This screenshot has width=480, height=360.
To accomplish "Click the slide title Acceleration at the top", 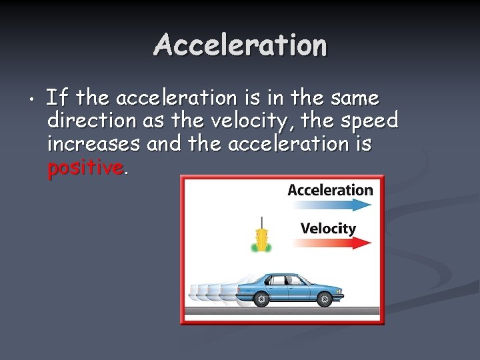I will [240, 45].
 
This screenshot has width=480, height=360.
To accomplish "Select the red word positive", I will [85, 168].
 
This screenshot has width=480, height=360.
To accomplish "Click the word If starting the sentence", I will [57, 98].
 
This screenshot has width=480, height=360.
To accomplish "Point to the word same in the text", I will [354, 98].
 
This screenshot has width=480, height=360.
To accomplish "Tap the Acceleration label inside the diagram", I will [330, 190].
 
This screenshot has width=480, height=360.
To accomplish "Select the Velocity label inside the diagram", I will [328, 229].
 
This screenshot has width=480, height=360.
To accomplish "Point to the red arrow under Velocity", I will [331, 243].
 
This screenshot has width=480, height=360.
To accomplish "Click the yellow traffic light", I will [262, 239].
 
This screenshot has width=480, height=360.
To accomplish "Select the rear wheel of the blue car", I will [261, 299].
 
